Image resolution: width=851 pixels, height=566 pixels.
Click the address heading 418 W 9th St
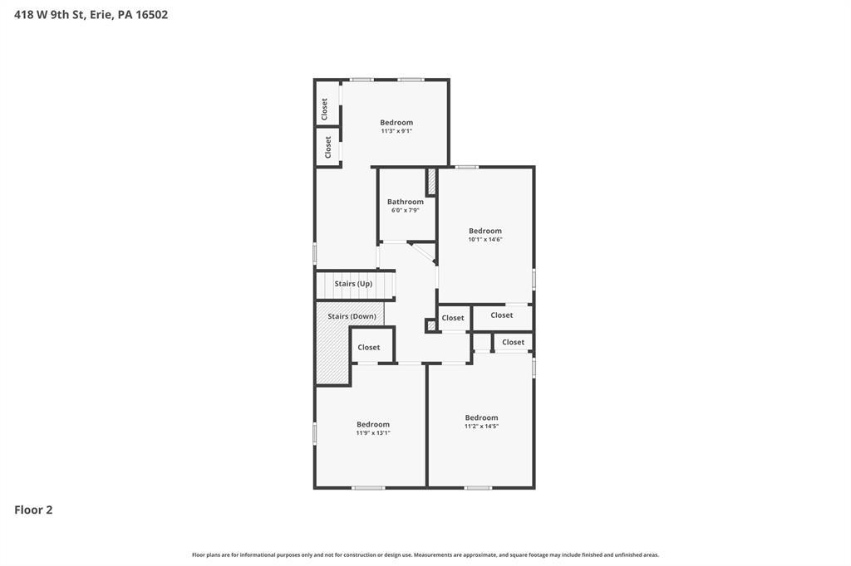tap(49, 15)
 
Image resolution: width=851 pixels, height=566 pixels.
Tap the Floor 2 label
tap(33, 510)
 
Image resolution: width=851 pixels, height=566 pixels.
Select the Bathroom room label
tap(406, 202)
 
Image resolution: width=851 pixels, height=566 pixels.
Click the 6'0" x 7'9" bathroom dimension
tap(406, 210)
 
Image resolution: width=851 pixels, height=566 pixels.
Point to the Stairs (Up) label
tap(353, 284)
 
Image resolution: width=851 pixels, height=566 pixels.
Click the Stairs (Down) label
tap(352, 317)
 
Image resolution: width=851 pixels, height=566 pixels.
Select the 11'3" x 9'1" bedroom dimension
tap(396, 131)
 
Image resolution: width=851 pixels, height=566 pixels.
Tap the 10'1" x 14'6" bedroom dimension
tap(485, 239)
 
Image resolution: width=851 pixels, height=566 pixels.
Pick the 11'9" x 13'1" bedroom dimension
tap(373, 432)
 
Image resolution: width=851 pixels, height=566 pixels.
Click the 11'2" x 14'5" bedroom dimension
tap(481, 426)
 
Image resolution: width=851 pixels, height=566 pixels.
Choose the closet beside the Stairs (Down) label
tap(371, 344)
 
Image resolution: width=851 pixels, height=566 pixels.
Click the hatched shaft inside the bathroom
tap(432, 182)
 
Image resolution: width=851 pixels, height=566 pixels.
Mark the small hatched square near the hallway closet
tap(431, 326)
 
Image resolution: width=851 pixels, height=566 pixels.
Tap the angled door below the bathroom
tap(423, 254)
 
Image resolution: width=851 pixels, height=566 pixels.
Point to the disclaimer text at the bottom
tap(425, 554)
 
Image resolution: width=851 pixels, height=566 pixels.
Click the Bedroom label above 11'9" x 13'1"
tap(373, 425)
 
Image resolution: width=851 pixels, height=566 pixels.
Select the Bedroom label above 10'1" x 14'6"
tap(485, 231)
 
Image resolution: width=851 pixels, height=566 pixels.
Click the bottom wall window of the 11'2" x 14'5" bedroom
tap(478, 488)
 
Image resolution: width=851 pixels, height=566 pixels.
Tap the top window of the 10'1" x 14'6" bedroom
tap(466, 167)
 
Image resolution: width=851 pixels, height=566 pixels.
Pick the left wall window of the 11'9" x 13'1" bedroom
tap(315, 434)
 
